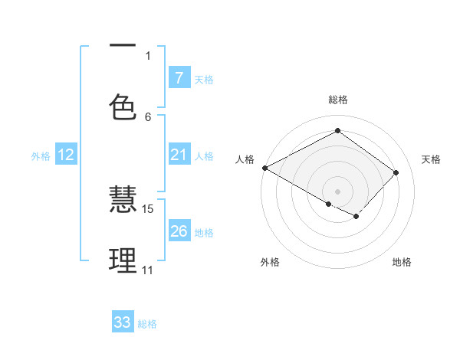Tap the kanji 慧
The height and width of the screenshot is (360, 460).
(123, 200)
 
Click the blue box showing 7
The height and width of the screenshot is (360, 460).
(179, 77)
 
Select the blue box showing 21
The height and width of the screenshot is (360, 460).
(179, 155)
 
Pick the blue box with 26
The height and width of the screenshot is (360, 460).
(179, 231)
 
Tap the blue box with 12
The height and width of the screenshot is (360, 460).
(66, 155)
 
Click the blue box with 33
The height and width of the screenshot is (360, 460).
(123, 322)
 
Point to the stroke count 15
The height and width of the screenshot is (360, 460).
(148, 208)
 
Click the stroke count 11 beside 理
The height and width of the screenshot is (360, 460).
(147, 270)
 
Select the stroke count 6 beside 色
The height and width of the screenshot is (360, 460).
(148, 116)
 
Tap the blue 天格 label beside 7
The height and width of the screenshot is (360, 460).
(204, 79)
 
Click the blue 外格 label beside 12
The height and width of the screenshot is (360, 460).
(41, 156)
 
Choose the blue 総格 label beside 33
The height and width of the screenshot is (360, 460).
(147, 324)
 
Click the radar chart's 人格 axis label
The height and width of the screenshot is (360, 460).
(245, 159)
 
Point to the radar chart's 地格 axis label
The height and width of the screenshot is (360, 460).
(402, 262)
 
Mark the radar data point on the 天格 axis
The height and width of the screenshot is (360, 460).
(396, 172)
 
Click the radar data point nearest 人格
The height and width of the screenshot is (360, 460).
(264, 168)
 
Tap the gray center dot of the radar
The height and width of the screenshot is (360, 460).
(337, 191)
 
